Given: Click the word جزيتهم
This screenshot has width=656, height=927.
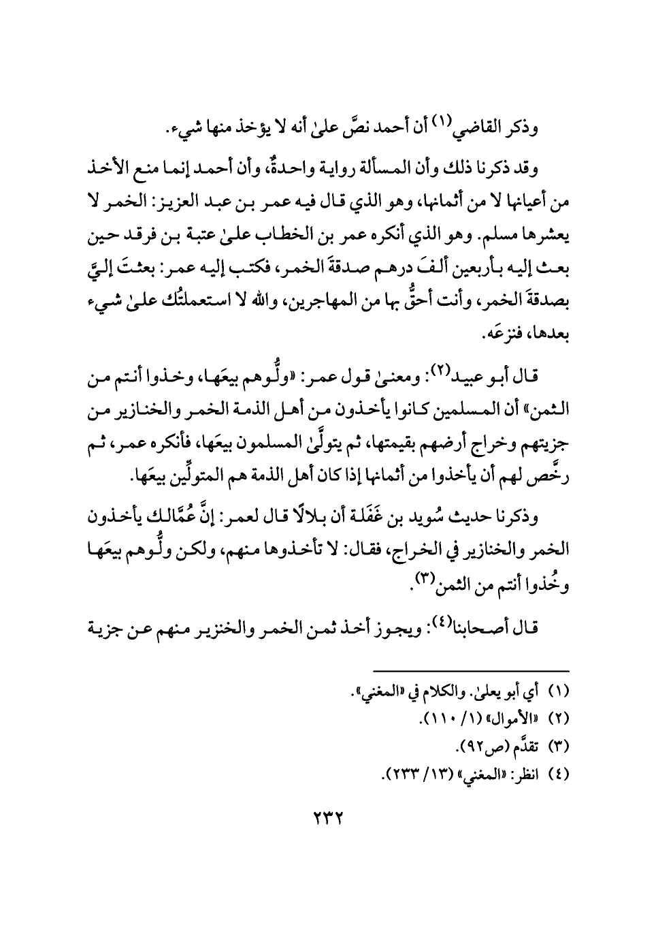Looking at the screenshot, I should pyautogui.click(x=544, y=454).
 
